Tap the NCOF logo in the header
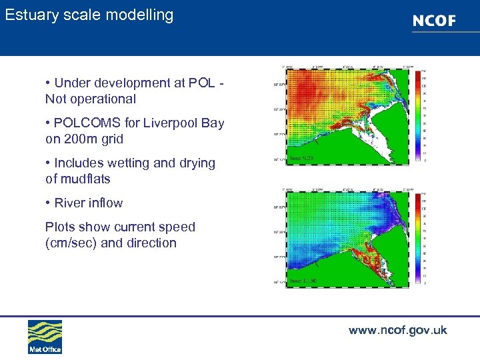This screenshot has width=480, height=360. point(434,21)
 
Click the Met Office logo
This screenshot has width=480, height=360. point(45,336)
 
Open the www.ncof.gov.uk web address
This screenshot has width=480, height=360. point(397,330)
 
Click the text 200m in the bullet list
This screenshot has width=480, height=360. point(81,139)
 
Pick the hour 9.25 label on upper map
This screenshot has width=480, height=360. point(302,159)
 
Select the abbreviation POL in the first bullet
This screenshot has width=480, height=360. point(201,83)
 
